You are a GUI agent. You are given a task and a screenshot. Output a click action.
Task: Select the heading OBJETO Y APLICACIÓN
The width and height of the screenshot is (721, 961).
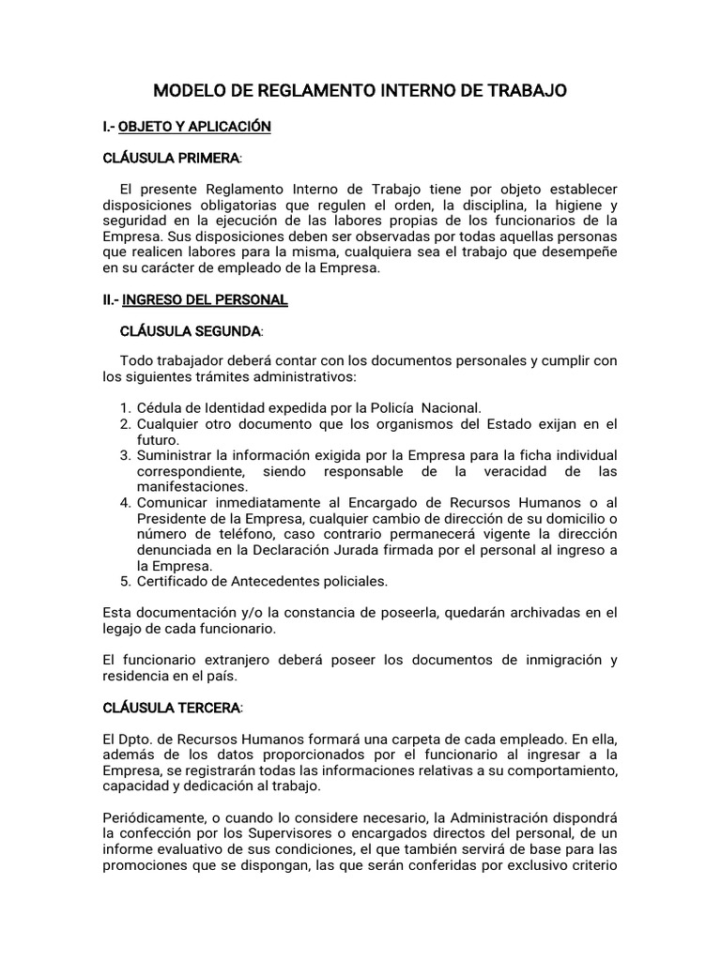[194, 126]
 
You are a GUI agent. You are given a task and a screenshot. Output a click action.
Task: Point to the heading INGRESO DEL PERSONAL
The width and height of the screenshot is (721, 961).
[205, 300]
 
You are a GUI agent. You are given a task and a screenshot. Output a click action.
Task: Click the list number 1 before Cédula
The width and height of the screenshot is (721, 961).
[125, 407]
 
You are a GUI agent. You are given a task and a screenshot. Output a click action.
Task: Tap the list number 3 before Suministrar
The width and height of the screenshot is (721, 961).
[125, 455]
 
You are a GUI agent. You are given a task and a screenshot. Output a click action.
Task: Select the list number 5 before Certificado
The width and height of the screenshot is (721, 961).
[125, 582]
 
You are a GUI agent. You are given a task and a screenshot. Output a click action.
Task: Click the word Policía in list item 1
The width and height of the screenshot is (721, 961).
[393, 407]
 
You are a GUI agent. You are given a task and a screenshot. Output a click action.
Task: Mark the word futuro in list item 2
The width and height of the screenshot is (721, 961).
[158, 439]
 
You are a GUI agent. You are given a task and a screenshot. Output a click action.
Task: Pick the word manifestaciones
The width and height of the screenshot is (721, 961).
[192, 486]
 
